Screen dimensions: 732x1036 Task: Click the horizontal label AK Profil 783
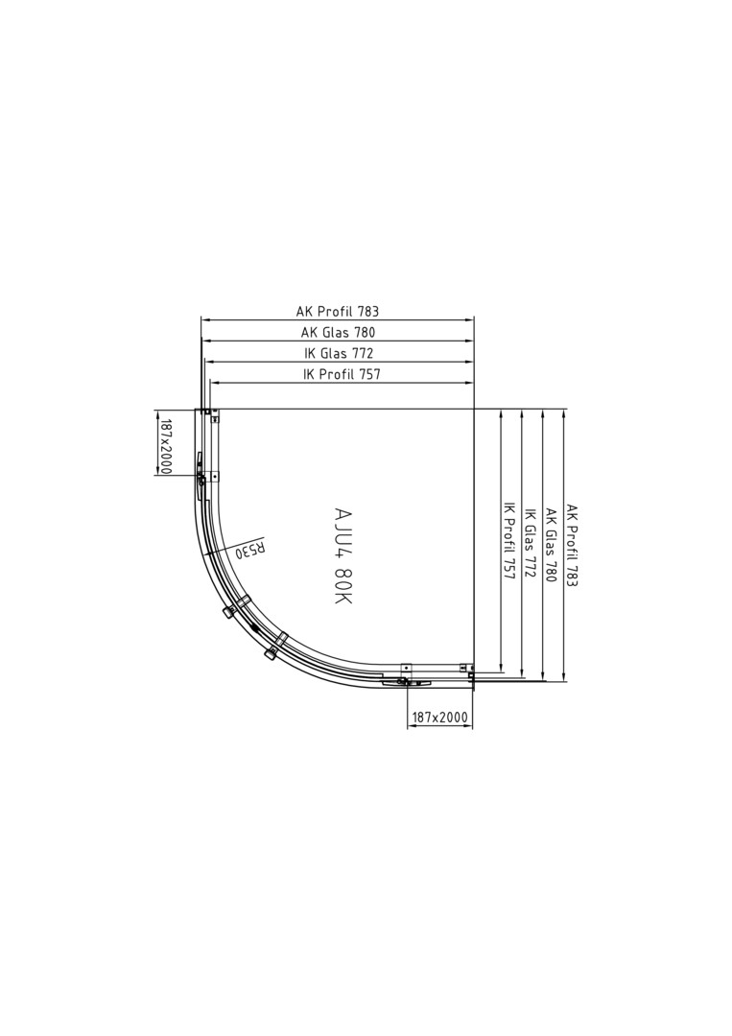point(338,311)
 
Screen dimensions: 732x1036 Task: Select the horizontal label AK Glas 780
point(339,332)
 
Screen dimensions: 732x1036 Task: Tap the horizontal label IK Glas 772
point(339,353)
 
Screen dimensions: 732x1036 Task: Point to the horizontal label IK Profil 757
point(342,374)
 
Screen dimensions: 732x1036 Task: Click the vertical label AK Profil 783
point(572,546)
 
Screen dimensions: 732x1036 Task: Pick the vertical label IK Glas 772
point(530,542)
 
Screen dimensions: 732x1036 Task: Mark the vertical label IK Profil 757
point(508,539)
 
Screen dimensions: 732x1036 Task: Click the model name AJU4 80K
point(343,555)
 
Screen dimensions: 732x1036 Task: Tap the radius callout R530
point(251,549)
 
